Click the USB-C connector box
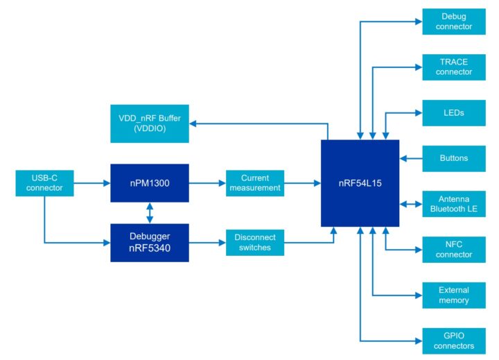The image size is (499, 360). point(44,183)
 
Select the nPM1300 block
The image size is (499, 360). point(150,183)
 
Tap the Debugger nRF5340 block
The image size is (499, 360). point(150,242)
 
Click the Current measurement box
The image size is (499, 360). point(255,183)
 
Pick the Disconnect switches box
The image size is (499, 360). point(255,242)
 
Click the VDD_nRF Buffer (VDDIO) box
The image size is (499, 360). point(149,123)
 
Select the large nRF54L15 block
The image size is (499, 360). point(360,183)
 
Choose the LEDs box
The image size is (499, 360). point(455,112)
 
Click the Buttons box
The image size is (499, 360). point(455,158)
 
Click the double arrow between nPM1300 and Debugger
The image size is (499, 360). point(150,212)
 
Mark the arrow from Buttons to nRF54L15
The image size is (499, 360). point(410,158)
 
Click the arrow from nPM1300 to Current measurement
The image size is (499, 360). point(207,183)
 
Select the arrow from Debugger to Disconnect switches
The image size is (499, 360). point(207,242)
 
